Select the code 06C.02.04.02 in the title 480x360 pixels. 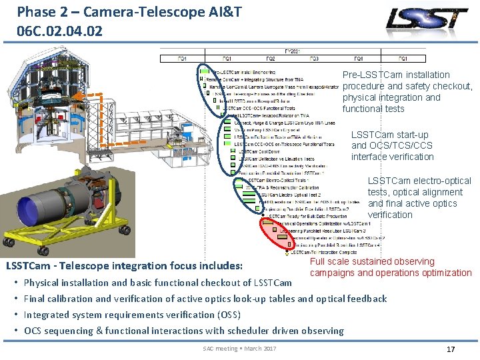[61, 31]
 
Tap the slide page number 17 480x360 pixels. [450, 349]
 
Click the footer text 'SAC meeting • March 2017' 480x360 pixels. [239, 349]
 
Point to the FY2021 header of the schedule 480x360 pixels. [293, 51]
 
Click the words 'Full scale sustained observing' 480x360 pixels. [372, 262]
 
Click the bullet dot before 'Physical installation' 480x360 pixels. [16, 283]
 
